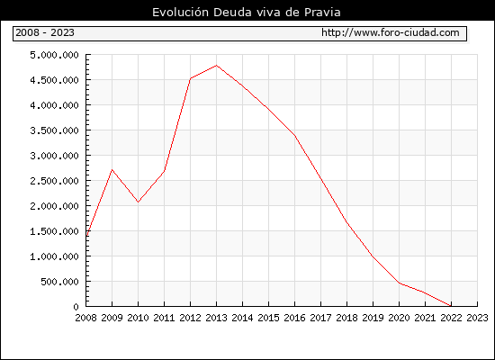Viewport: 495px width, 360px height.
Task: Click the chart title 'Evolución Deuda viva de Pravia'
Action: coord(247,13)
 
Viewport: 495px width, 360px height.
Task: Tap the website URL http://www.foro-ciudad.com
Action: coord(391,32)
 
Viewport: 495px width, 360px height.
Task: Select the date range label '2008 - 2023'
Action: coord(45,32)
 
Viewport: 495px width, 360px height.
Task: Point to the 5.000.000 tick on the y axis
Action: coord(54,55)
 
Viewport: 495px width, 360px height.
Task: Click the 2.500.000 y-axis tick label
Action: coord(54,181)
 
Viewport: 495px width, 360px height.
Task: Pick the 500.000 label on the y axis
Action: coord(59,282)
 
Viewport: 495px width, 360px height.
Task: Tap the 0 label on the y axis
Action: coord(76,307)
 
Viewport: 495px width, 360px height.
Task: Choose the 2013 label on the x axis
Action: coord(216,318)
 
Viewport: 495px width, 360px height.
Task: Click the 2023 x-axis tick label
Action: coord(477,318)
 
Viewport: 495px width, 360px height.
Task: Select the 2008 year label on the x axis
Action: coord(85,318)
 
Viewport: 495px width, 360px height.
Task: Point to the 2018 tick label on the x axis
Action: coord(346,318)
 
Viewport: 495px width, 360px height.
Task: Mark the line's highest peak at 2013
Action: coord(216,66)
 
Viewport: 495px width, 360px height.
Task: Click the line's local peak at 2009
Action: coord(112,170)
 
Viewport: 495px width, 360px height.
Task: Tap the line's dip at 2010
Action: coord(138,202)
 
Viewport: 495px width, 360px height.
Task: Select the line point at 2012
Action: coord(191,78)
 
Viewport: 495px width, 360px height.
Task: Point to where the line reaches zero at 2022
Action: coord(451,306)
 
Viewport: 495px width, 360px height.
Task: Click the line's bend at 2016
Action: coord(295,136)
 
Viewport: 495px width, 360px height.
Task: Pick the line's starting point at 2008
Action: coord(86,236)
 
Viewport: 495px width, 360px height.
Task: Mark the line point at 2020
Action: coord(399,283)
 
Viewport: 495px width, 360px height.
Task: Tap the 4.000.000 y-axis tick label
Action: coord(54,105)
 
